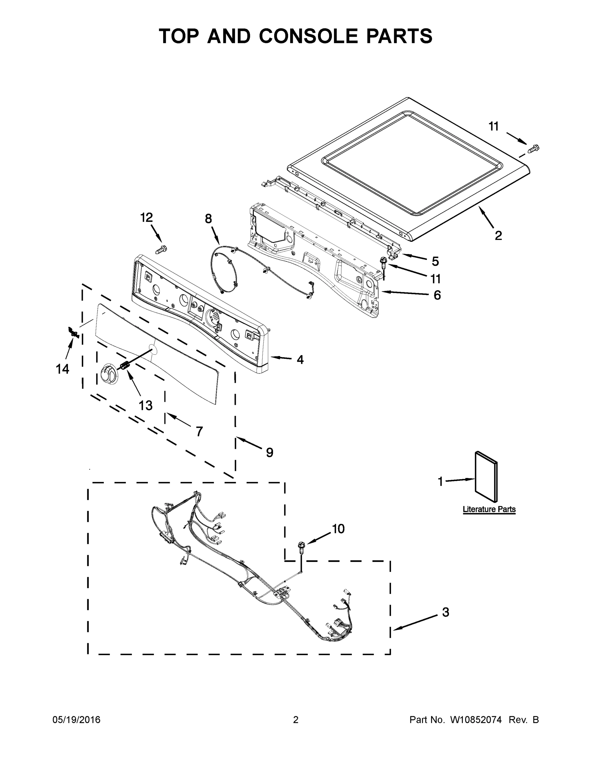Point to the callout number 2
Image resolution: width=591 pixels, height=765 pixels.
click(498, 235)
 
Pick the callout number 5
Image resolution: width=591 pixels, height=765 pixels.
click(435, 261)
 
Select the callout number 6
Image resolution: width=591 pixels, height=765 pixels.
click(437, 295)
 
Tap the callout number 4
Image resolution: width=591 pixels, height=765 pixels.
click(300, 359)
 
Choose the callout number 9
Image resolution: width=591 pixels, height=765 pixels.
click(270, 452)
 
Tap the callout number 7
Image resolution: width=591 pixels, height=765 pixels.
click(199, 431)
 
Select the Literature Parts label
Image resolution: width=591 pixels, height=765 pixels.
click(489, 509)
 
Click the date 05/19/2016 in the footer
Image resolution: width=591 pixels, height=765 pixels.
click(76, 719)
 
